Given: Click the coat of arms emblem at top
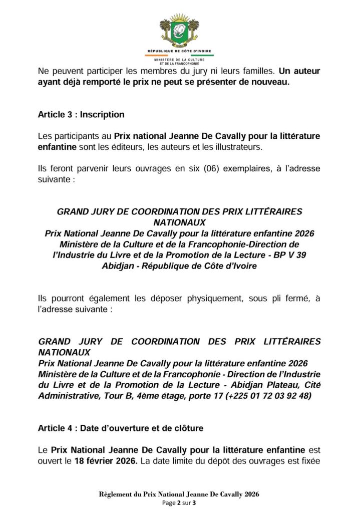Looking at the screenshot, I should pos(179,32).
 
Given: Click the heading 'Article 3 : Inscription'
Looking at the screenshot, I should pos(81,115).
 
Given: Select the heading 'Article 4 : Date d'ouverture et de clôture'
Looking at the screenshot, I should pos(113,428).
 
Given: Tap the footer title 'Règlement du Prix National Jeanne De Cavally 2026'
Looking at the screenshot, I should pos(179,494).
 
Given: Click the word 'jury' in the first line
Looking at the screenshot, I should pos(192,71).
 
